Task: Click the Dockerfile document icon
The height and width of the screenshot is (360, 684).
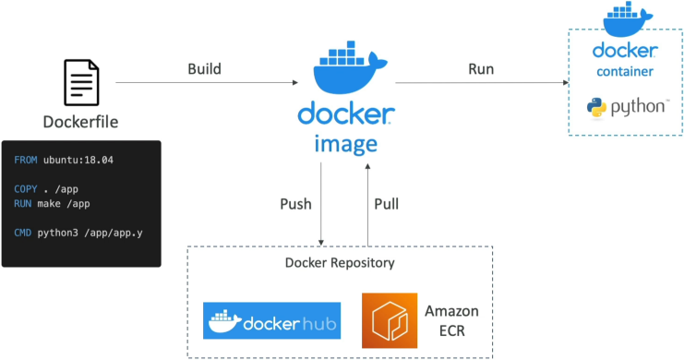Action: [x=81, y=82]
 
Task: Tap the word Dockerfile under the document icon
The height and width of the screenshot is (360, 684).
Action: [x=80, y=122]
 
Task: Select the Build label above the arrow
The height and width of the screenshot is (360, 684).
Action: [x=205, y=69]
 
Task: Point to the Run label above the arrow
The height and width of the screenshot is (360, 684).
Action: [x=481, y=69]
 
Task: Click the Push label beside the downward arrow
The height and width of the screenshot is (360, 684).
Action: [x=295, y=204]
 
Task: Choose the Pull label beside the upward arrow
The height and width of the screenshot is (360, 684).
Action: [x=387, y=204]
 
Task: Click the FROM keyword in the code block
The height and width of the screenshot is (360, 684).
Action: [x=25, y=160]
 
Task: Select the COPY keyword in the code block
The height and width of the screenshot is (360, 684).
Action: [x=25, y=189]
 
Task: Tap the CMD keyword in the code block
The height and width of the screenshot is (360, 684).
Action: [x=23, y=233]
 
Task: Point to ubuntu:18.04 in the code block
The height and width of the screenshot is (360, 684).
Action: [x=78, y=160]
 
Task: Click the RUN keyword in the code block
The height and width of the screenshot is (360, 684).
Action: [x=23, y=204]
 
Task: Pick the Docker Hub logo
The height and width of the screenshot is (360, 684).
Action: [x=271, y=320]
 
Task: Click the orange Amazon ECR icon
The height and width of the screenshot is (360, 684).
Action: [x=390, y=320]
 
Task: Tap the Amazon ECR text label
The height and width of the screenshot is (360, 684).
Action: [x=452, y=320]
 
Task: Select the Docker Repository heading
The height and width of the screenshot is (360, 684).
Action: [x=340, y=263]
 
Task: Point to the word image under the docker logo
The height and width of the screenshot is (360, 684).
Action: [x=346, y=144]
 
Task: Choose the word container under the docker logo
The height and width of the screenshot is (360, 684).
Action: [x=625, y=72]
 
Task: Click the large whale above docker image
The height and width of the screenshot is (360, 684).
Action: [x=350, y=68]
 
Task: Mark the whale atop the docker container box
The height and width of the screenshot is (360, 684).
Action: [x=628, y=19]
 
